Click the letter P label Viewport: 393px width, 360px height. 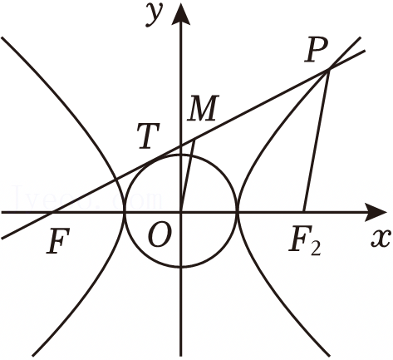pyautogui.click(x=316, y=50)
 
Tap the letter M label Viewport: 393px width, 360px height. pyautogui.click(x=203, y=108)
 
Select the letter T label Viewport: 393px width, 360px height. pyautogui.click(x=149, y=136)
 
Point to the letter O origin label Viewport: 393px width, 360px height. pyautogui.click(x=159, y=234)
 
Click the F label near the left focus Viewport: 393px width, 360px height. pyautogui.click(x=57, y=241)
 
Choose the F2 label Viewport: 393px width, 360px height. pyautogui.click(x=305, y=243)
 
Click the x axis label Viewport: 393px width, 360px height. pyautogui.click(x=381, y=239)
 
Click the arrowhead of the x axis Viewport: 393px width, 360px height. pyautogui.click(x=376, y=212)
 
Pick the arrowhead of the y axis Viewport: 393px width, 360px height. pyautogui.click(x=181, y=15)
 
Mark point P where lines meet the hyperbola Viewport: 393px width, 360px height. pyautogui.click(x=329, y=69)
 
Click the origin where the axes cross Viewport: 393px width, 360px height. pyautogui.click(x=181, y=212)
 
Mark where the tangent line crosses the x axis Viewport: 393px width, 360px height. pyautogui.click(x=52, y=212)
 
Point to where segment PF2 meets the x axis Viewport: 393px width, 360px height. pyautogui.click(x=304, y=212)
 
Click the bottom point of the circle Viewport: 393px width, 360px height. pyautogui.click(x=181, y=267)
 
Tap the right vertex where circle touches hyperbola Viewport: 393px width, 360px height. pyautogui.click(x=237, y=212)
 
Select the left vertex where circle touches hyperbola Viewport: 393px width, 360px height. pyautogui.click(x=125, y=212)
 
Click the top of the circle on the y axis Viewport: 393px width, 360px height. pyautogui.click(x=181, y=155)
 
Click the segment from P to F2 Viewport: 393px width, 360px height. pyautogui.click(x=317, y=141)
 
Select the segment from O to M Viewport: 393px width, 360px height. pyautogui.click(x=188, y=175)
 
